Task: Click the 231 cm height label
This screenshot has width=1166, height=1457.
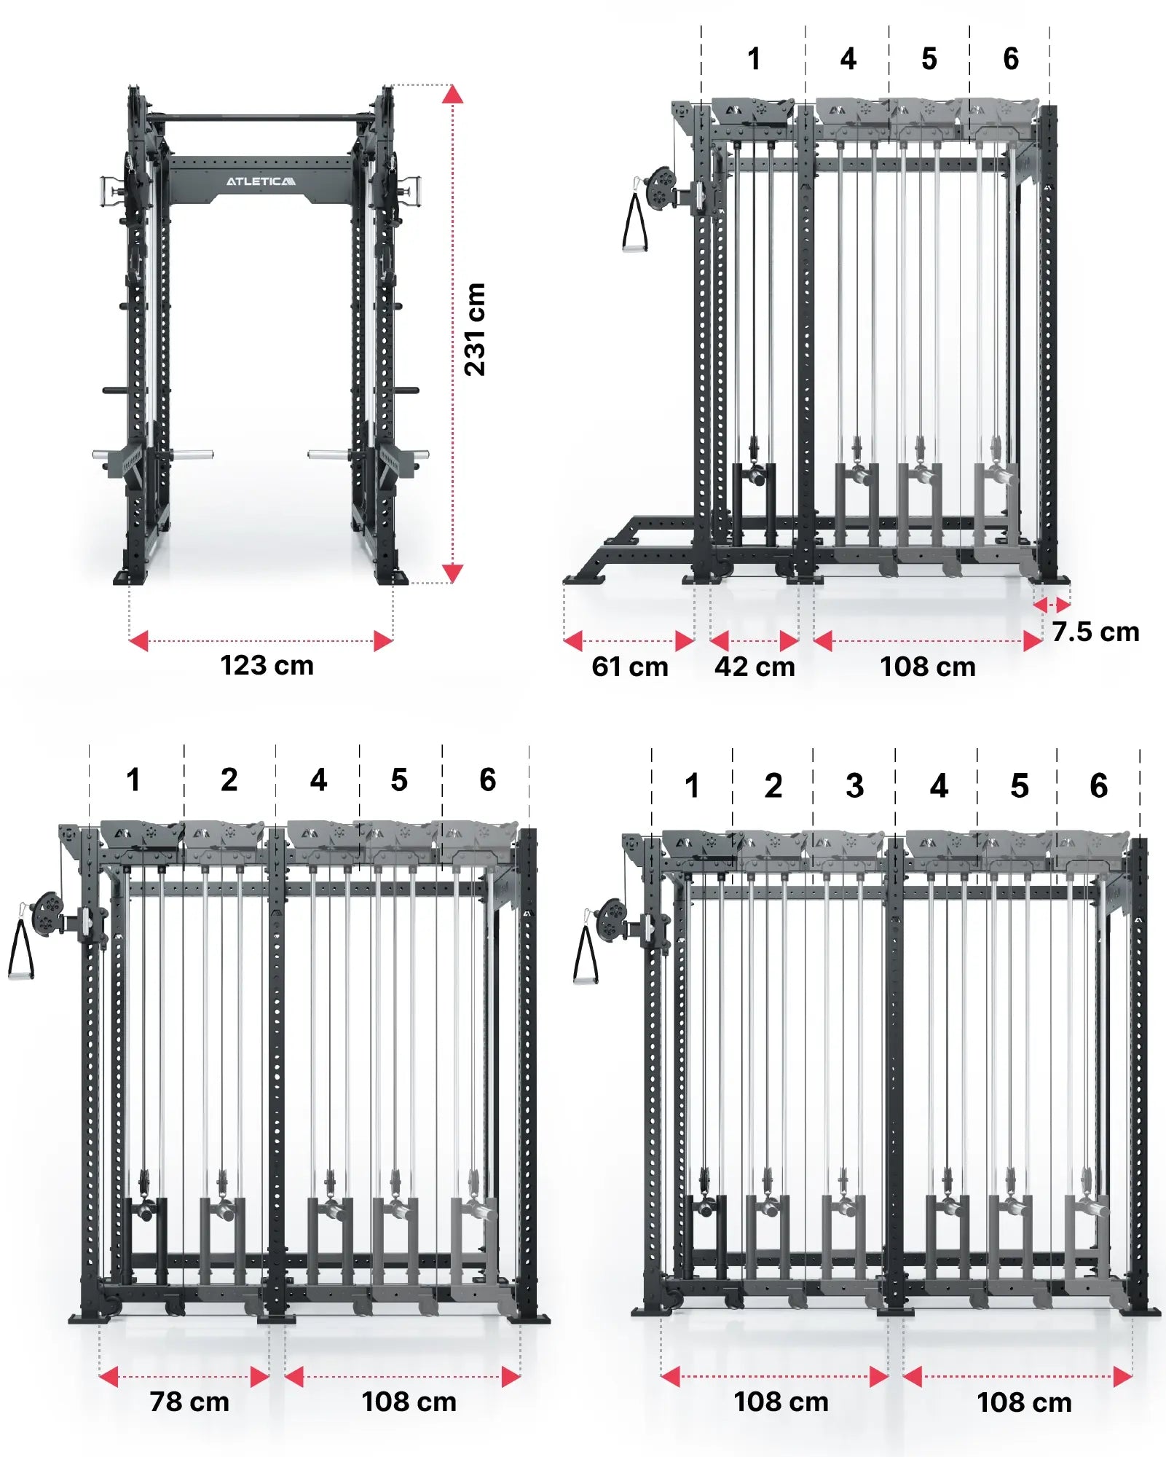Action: [474, 329]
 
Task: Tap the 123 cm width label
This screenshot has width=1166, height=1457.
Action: [267, 665]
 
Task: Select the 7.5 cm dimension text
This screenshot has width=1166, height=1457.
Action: [1095, 632]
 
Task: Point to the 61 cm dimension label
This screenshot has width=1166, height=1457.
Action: [630, 667]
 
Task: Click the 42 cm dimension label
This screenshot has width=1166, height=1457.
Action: [755, 667]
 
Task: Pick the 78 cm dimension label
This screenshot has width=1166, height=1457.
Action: [189, 1402]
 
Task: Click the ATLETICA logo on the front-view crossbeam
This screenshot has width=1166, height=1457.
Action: [261, 181]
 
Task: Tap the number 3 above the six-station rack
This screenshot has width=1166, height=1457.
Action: [855, 785]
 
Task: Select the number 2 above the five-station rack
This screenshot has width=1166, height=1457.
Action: [229, 779]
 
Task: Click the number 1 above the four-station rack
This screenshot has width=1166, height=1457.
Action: [755, 58]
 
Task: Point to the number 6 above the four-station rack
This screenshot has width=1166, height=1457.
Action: [1011, 58]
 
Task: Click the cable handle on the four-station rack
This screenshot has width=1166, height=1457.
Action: [634, 222]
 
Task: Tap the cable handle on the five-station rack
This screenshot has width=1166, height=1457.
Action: [20, 949]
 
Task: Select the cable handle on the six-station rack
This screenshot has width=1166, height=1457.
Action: [586, 955]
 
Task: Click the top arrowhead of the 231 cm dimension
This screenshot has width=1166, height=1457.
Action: [452, 94]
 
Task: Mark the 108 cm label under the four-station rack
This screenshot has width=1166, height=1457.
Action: [928, 667]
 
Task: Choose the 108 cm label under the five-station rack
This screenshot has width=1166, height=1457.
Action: [409, 1402]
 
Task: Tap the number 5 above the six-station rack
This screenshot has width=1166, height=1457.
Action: [1020, 785]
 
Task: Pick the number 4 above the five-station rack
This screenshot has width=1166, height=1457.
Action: [318, 779]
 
